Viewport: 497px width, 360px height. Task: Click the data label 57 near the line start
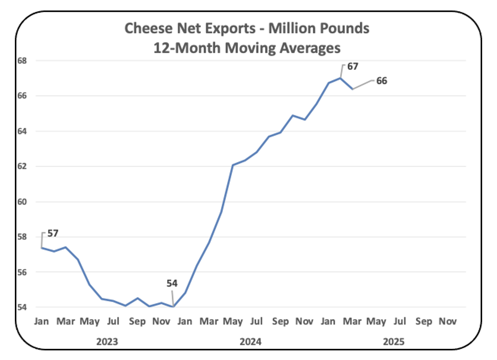click(53, 233)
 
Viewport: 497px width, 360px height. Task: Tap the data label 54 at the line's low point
click(172, 283)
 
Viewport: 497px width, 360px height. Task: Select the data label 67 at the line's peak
click(352, 66)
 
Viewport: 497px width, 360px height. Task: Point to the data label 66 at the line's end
click(381, 81)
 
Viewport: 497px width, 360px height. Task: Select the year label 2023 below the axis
click(107, 341)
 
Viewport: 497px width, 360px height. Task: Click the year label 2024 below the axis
click(250, 341)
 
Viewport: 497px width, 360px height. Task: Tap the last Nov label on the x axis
click(448, 322)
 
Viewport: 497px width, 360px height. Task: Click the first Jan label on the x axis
click(41, 322)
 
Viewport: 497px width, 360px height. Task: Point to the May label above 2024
click(233, 322)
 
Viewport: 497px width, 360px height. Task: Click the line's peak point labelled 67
click(340, 78)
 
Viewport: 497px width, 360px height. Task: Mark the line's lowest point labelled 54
click(173, 306)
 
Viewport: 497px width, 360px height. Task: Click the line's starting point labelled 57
click(42, 248)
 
